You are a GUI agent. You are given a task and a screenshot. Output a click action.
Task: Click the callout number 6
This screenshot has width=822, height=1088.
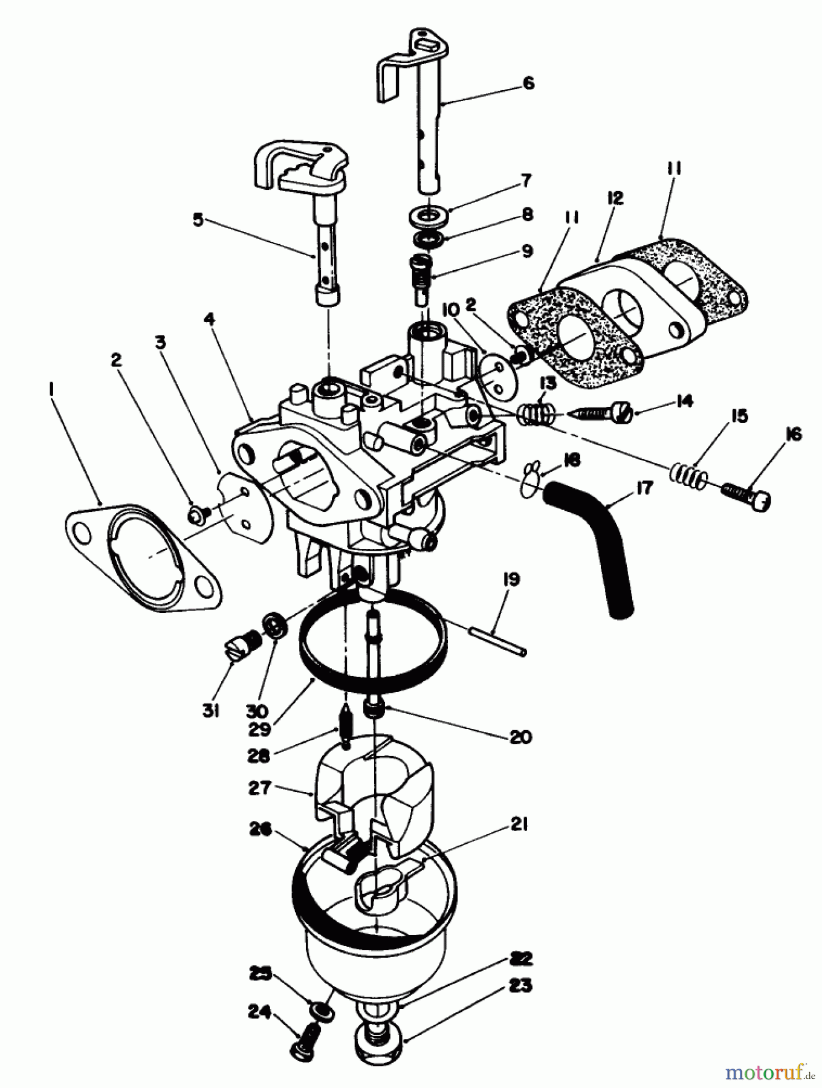[x=528, y=83]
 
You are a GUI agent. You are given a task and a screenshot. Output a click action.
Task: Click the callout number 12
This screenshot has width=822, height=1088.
[x=615, y=198]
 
